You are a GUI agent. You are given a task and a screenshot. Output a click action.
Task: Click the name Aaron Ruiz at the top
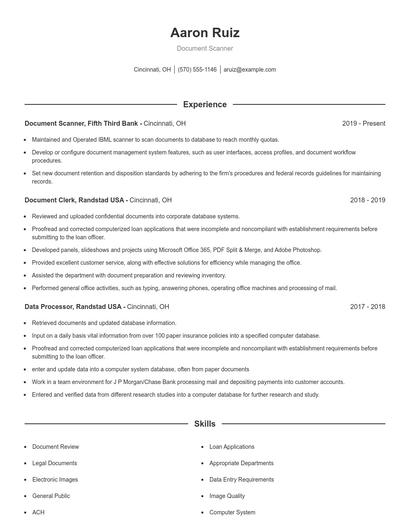click(204, 33)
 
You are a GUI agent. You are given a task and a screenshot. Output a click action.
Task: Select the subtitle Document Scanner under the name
click(204, 48)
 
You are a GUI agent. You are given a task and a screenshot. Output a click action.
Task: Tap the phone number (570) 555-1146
click(198, 70)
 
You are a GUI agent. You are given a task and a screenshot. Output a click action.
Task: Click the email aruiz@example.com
click(249, 70)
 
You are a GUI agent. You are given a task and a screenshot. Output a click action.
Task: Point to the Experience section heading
click(204, 104)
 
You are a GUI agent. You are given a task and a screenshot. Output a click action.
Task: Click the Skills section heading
click(204, 424)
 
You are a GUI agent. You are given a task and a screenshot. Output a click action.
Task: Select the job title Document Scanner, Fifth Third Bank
click(81, 123)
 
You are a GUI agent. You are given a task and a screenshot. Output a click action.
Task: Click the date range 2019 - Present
click(363, 123)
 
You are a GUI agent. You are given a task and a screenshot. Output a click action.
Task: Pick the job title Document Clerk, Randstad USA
click(73, 199)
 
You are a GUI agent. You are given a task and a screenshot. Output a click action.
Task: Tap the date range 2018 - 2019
click(367, 199)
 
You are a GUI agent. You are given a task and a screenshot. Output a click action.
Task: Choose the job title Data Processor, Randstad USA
click(73, 306)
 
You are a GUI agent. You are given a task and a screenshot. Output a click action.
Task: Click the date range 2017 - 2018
click(367, 306)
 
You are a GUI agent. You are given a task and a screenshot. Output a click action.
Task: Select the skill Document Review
click(55, 446)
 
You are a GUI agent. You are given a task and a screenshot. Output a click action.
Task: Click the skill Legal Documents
click(54, 463)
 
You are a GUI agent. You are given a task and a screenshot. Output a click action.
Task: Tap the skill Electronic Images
click(56, 479)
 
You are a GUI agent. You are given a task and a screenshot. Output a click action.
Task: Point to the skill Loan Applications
click(232, 446)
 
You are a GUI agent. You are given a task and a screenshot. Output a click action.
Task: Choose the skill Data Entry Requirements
click(241, 479)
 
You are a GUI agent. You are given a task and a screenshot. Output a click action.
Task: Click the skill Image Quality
click(226, 495)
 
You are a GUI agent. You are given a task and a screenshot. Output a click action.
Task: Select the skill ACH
click(38, 512)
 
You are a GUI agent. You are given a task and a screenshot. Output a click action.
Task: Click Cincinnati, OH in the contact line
click(152, 70)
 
